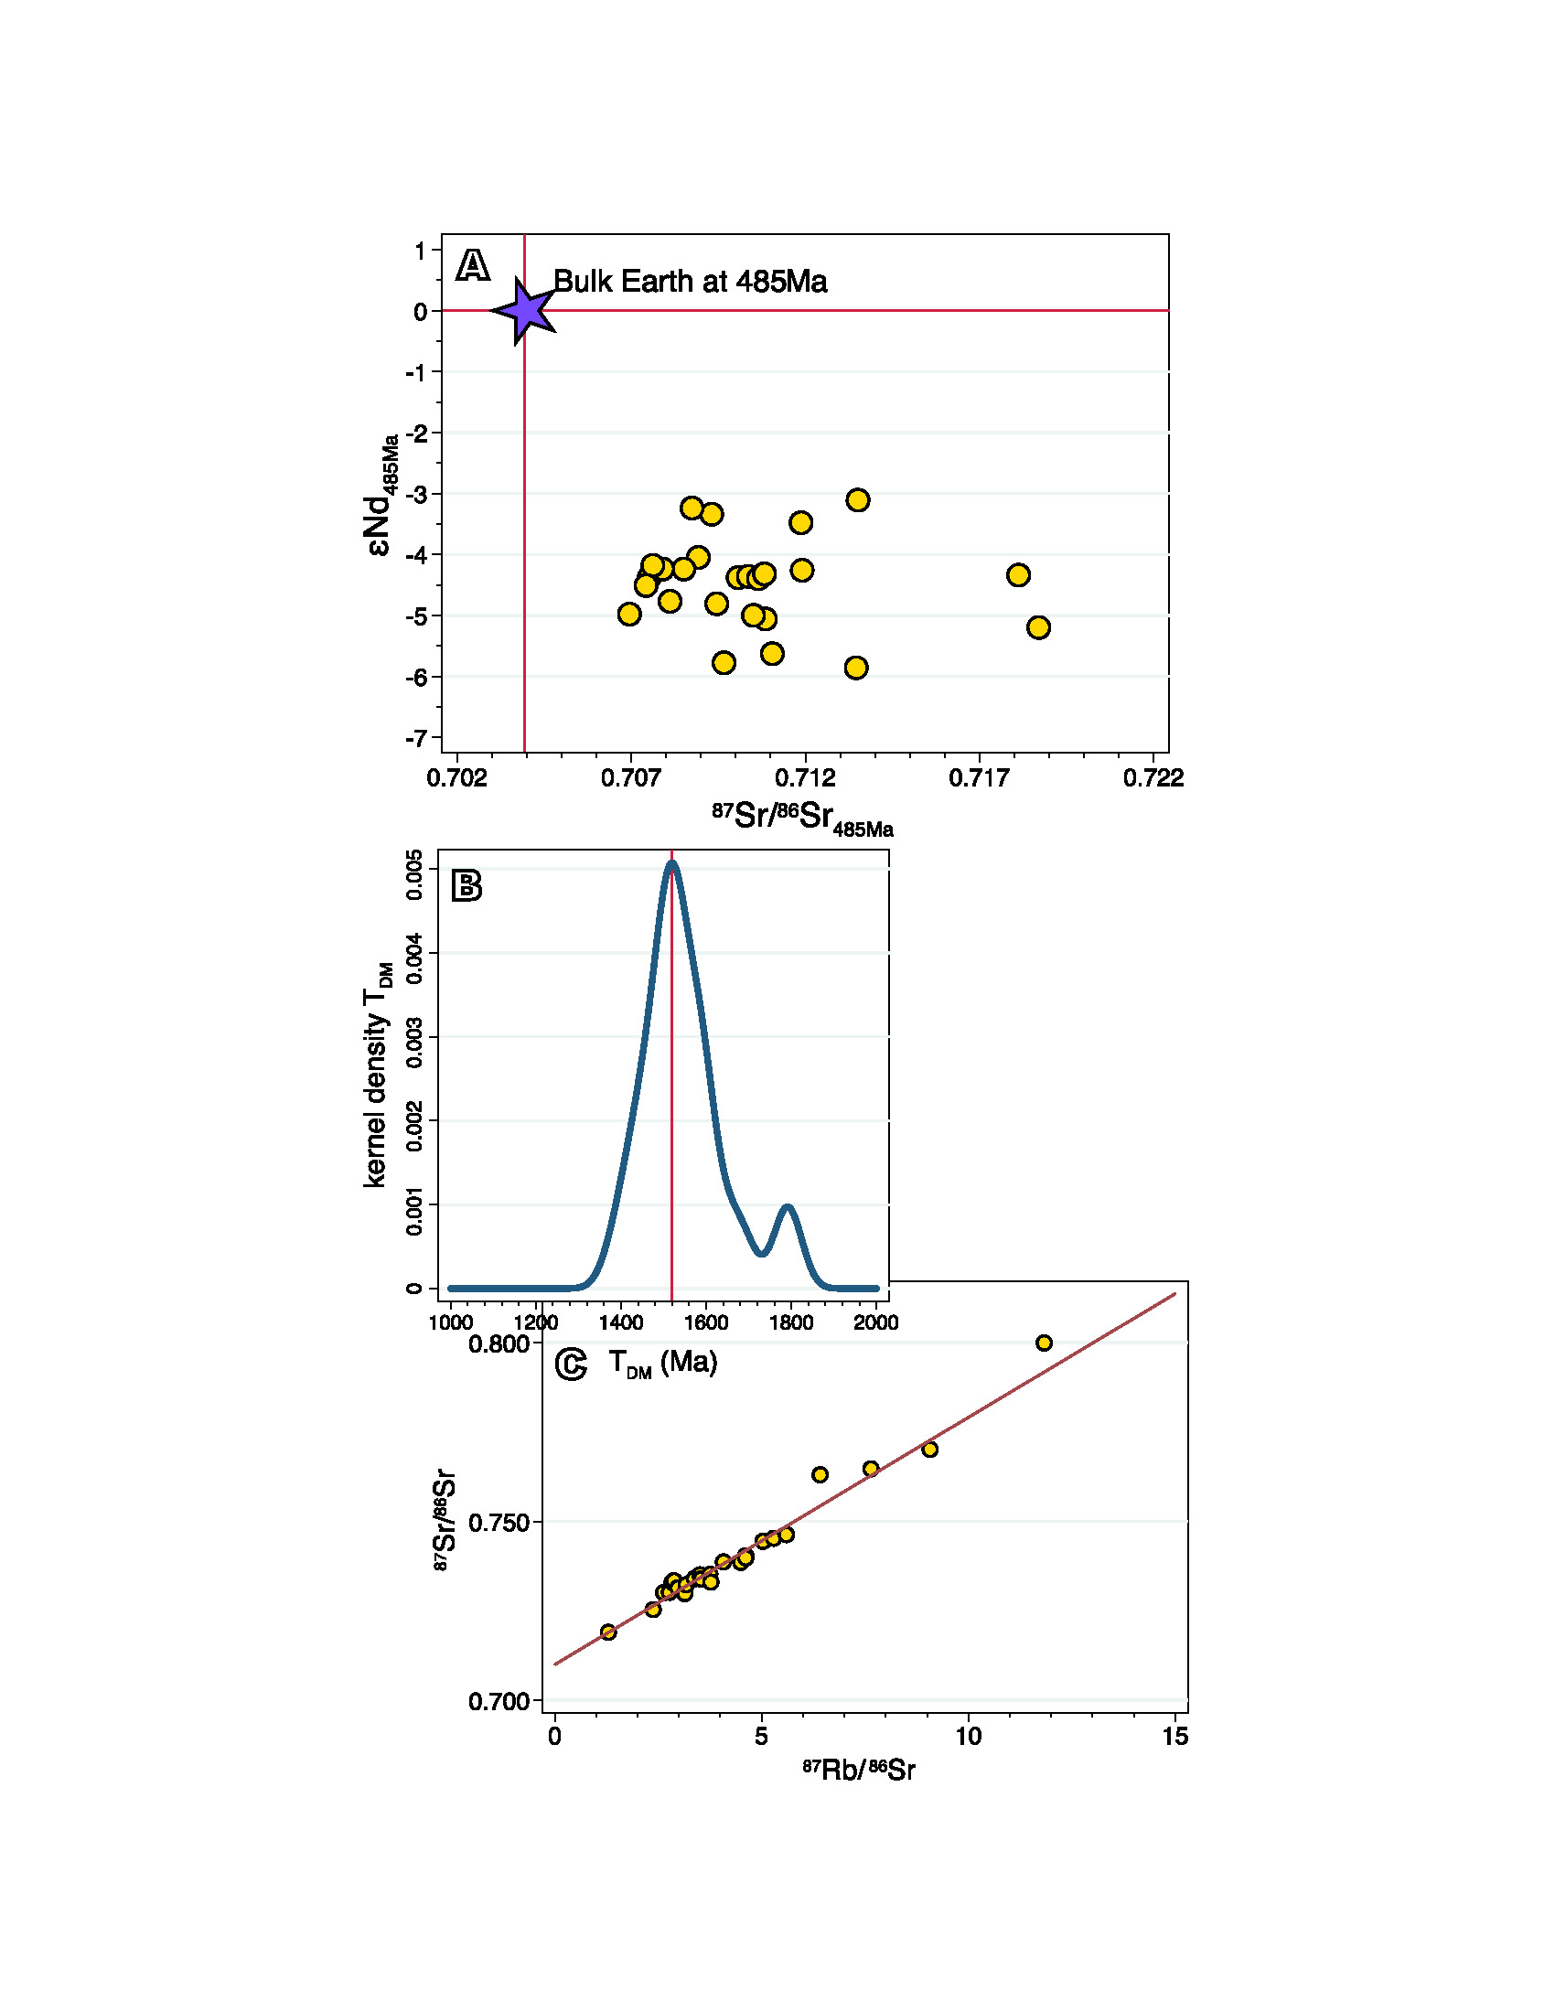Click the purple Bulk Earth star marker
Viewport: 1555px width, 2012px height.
tap(525, 310)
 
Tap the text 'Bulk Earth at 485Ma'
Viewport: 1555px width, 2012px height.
tap(689, 281)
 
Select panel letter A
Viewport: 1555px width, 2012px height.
tap(473, 265)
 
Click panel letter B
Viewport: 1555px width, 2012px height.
tap(466, 885)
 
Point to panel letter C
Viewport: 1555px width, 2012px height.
tap(571, 1365)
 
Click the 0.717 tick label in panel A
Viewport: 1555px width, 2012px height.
tap(979, 778)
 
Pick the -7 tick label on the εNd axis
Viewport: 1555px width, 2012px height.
tap(416, 738)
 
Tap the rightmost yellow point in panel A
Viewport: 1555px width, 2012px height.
tap(1038, 627)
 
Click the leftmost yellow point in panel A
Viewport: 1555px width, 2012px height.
tap(629, 614)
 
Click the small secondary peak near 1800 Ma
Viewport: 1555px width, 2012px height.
tap(788, 1207)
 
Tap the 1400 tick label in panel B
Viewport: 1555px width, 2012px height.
tap(621, 1323)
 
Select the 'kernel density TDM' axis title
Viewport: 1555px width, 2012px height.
tap(376, 1076)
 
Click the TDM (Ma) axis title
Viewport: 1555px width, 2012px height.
tap(662, 1363)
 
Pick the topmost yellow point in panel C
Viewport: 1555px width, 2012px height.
tap(1044, 1343)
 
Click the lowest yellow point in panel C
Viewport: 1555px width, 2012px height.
tap(608, 1632)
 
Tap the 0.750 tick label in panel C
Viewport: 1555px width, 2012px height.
tap(499, 1523)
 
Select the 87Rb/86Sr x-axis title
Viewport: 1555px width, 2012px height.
tap(859, 1770)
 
